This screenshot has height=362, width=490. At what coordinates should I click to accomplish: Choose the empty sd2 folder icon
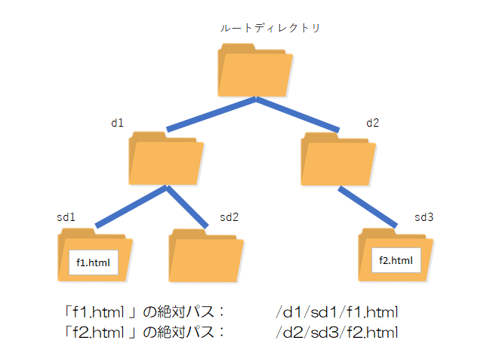click(205, 256)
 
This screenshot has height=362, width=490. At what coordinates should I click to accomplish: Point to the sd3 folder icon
click(396, 256)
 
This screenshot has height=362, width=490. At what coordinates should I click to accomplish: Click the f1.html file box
click(94, 262)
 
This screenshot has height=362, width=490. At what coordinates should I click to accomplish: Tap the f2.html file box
click(396, 261)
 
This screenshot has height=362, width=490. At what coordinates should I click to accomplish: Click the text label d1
click(117, 121)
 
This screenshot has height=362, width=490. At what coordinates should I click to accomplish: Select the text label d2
click(373, 121)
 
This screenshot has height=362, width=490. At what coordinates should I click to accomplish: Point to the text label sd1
click(66, 217)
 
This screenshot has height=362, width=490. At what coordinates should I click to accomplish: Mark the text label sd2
click(229, 217)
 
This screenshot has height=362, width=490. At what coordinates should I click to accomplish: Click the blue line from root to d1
click(211, 114)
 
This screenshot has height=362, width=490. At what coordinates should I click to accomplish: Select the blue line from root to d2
click(298, 114)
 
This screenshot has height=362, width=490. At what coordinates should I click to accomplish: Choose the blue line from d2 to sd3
click(367, 206)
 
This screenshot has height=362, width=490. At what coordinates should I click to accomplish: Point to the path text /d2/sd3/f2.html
click(337, 332)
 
